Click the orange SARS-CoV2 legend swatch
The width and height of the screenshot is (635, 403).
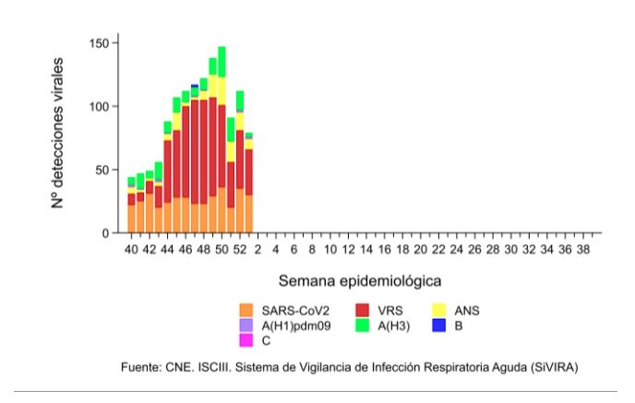tap(246, 311)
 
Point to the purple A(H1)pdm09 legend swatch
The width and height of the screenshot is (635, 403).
tap(246, 326)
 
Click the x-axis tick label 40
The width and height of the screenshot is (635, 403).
tap(132, 249)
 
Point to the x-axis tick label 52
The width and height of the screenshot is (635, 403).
tap(240, 249)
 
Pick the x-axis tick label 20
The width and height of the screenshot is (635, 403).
tap(420, 249)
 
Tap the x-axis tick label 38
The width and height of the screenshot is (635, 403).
tap(582, 249)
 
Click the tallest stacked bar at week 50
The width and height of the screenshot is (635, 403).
tap(222, 138)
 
